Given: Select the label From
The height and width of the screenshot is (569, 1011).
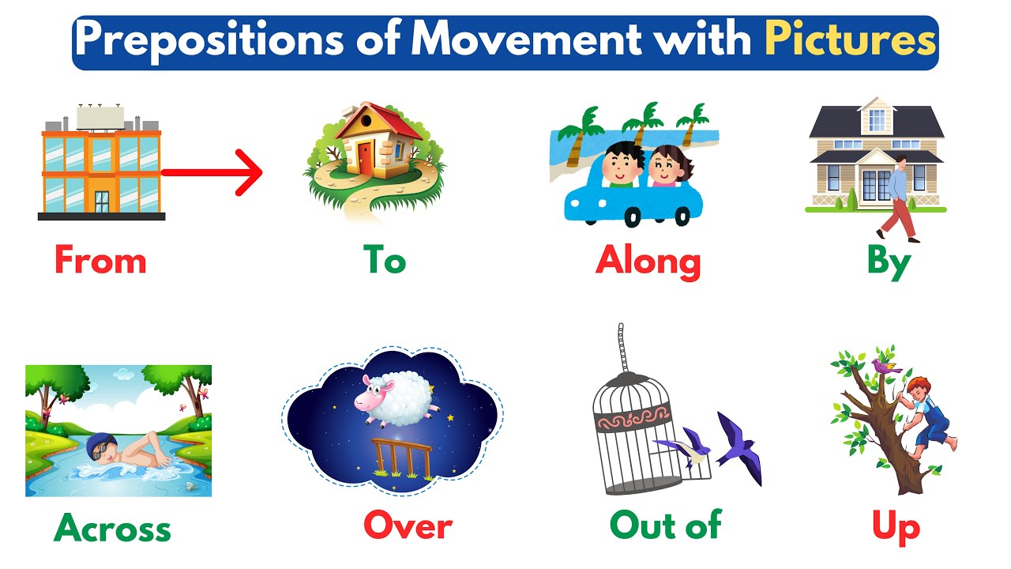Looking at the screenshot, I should pos(100,260).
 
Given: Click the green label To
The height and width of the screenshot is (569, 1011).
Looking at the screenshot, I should pos(384,260).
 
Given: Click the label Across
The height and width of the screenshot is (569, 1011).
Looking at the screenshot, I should pos(112,527).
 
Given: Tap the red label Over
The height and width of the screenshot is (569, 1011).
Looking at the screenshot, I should pos(408,526).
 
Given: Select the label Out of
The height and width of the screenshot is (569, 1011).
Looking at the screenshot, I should pos(665,525).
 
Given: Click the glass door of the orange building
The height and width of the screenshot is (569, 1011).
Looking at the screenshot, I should pos(102,202).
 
